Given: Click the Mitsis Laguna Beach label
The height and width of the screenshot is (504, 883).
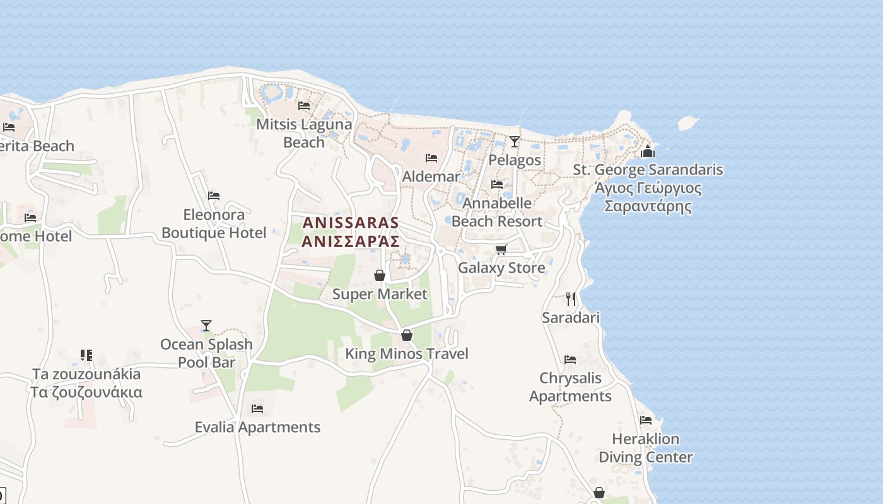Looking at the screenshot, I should [304, 133].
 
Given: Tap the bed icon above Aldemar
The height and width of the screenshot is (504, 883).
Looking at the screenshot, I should [431, 157].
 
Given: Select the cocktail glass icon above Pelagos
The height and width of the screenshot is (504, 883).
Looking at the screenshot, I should [515, 142].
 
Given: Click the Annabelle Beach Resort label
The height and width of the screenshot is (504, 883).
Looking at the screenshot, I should [497, 212].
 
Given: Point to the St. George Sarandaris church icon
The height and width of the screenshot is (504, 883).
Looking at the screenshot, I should [648, 151].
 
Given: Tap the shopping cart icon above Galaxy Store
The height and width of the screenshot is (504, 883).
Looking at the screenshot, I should [501, 249].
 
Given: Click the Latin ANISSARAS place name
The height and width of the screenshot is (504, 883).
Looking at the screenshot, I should [351, 222].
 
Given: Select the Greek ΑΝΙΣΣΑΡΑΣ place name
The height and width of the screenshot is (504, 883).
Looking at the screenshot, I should [351, 241].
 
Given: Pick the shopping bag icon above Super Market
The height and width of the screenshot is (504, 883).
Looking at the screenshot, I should [380, 275].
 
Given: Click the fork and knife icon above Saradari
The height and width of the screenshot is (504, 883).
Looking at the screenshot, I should [571, 299].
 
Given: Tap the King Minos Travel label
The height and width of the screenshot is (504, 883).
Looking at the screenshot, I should [407, 353].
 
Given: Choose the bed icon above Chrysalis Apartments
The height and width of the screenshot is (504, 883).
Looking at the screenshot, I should [570, 360].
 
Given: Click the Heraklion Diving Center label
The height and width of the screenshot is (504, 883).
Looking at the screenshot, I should [645, 448].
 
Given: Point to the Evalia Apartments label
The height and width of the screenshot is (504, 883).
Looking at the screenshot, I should [257, 427].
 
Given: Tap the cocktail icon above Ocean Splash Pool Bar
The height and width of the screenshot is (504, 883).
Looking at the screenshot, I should [206, 326].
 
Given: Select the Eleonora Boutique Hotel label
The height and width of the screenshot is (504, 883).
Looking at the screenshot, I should [214, 224].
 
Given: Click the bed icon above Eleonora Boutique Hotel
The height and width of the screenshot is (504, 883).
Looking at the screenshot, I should [214, 196].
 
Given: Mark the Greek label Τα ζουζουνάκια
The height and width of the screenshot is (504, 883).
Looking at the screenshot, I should [86, 392].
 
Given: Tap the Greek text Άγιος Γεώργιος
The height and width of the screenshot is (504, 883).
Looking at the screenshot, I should [648, 188].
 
